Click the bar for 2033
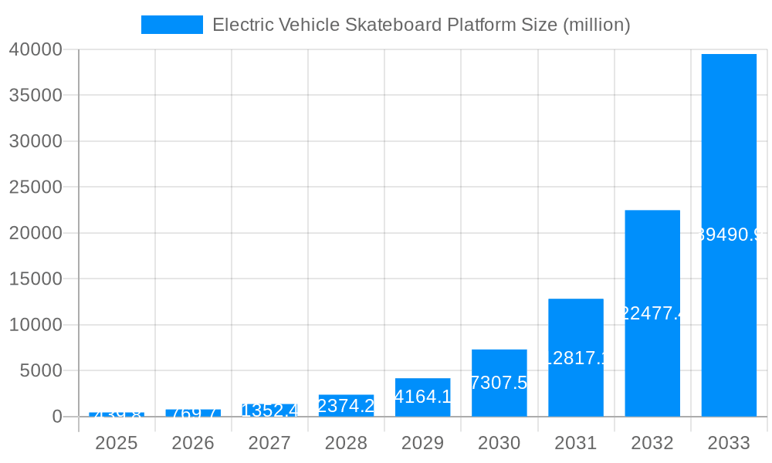click(x=729, y=235)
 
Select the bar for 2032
click(x=652, y=313)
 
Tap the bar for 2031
click(x=576, y=357)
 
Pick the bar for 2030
click(x=499, y=383)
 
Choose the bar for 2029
click(x=422, y=397)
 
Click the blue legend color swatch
click(x=172, y=25)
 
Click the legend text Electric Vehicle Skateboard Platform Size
click(x=421, y=25)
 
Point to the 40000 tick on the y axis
click(x=35, y=49)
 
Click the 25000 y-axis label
click(x=35, y=187)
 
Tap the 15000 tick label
click(x=35, y=279)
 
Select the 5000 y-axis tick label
click(x=39, y=370)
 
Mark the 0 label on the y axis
click(x=56, y=417)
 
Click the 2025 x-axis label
click(x=117, y=443)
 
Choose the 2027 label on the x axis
click(x=269, y=443)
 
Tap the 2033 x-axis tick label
click(x=729, y=443)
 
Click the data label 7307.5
click(x=499, y=383)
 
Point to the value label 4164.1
click(x=422, y=397)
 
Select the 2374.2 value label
click(x=346, y=406)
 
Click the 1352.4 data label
click(x=269, y=411)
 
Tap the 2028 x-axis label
click(x=346, y=443)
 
